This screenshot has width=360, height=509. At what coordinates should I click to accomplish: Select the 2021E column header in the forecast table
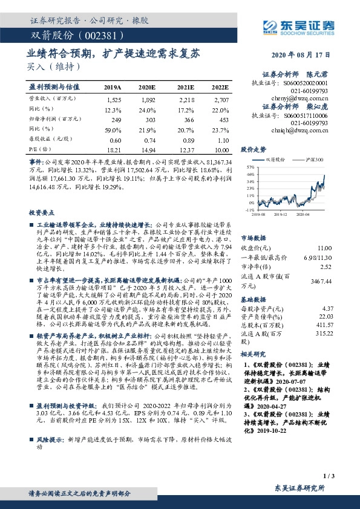(x=186, y=87)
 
